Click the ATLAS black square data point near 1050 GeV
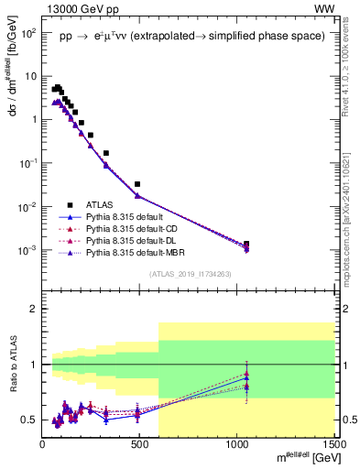coord(246,244)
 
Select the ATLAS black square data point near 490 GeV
coord(137,184)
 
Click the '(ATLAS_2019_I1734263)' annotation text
coord(189,273)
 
